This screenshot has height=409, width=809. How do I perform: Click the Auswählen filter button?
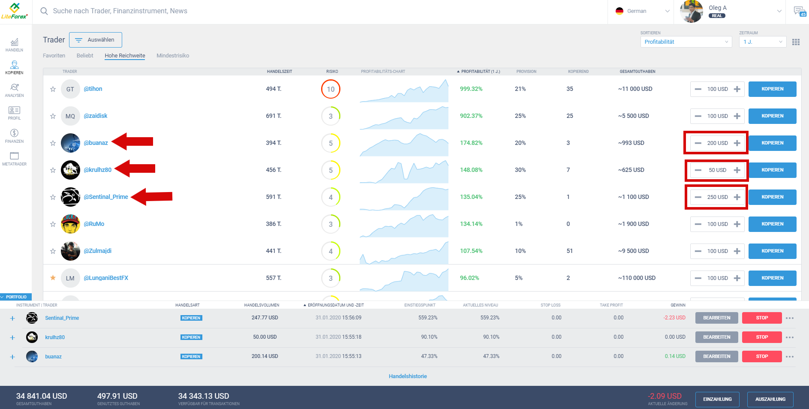tap(95, 40)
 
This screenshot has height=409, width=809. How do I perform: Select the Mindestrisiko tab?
tap(173, 56)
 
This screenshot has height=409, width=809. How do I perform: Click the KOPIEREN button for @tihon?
tap(772, 89)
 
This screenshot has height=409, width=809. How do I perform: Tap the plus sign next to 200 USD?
tap(737, 143)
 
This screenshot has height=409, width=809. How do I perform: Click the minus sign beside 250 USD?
tap(698, 197)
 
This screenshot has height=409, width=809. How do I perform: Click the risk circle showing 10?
tap(331, 89)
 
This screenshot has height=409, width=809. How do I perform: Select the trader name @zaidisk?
tap(96, 116)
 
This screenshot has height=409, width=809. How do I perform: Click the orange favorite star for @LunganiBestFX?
tap(53, 278)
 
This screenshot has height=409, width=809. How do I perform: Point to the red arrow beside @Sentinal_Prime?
tap(152, 197)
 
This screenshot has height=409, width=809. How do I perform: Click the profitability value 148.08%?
tap(471, 170)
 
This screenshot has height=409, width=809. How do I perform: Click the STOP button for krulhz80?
tap(761, 337)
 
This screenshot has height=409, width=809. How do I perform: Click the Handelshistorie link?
tap(408, 376)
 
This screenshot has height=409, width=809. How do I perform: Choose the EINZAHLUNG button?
tap(717, 399)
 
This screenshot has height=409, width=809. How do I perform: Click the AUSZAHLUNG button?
tap(770, 399)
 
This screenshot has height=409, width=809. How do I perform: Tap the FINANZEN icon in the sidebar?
tap(14, 135)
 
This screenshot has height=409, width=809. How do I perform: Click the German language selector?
tap(642, 11)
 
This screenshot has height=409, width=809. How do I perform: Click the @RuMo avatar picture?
tap(70, 224)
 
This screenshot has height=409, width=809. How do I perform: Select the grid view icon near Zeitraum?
tap(796, 42)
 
